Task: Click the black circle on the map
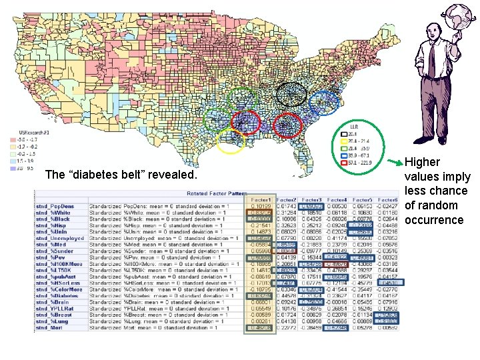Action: point(291,94)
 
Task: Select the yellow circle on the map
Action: point(231,141)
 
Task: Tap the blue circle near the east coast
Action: point(324,102)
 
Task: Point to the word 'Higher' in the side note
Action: point(422,162)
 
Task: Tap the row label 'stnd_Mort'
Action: point(48,327)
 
